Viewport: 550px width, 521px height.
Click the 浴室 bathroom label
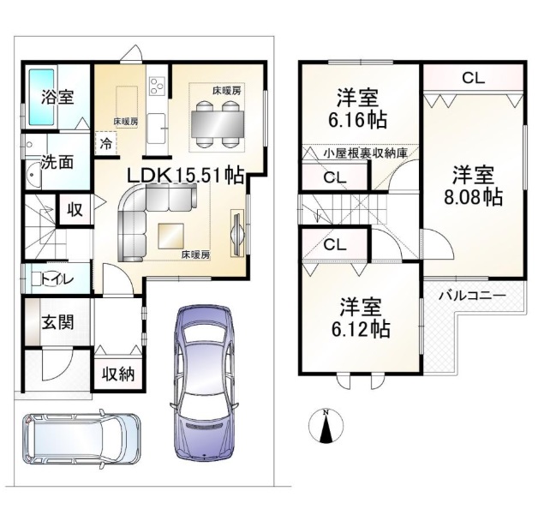57,97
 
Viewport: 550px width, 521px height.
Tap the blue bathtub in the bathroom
41,97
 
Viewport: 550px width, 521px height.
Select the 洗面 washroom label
57,162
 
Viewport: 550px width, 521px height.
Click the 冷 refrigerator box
105,143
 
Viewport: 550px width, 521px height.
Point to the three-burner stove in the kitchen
157,86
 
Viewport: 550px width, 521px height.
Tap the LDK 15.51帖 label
186,175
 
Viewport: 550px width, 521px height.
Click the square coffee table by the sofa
170,237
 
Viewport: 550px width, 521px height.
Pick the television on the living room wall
236,233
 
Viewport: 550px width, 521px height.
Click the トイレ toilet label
57,279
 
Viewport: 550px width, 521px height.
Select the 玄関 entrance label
58,321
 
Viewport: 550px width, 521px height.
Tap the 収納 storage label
118,374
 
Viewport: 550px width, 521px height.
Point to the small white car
81,440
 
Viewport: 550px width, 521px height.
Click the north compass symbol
326,426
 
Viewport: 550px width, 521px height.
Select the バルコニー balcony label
473,296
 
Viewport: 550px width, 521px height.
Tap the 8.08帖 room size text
473,197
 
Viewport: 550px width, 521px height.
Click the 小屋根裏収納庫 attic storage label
366,153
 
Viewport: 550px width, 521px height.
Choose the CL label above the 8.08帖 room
473,78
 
